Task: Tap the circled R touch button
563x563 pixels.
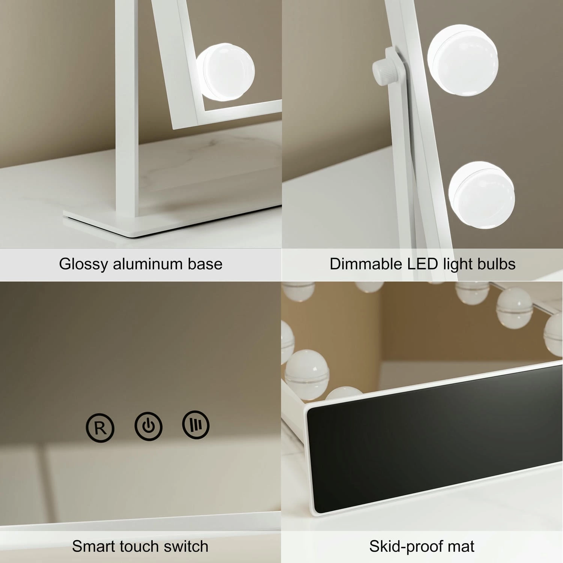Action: coord(100,428)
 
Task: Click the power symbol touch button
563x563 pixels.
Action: coord(149,426)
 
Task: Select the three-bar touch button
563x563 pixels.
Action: coord(196,425)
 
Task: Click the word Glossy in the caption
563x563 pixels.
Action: coord(84,265)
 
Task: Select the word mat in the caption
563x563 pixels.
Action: coord(462,547)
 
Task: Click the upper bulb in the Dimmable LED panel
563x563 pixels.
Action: coord(463,60)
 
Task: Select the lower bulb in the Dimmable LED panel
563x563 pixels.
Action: coord(482,195)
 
